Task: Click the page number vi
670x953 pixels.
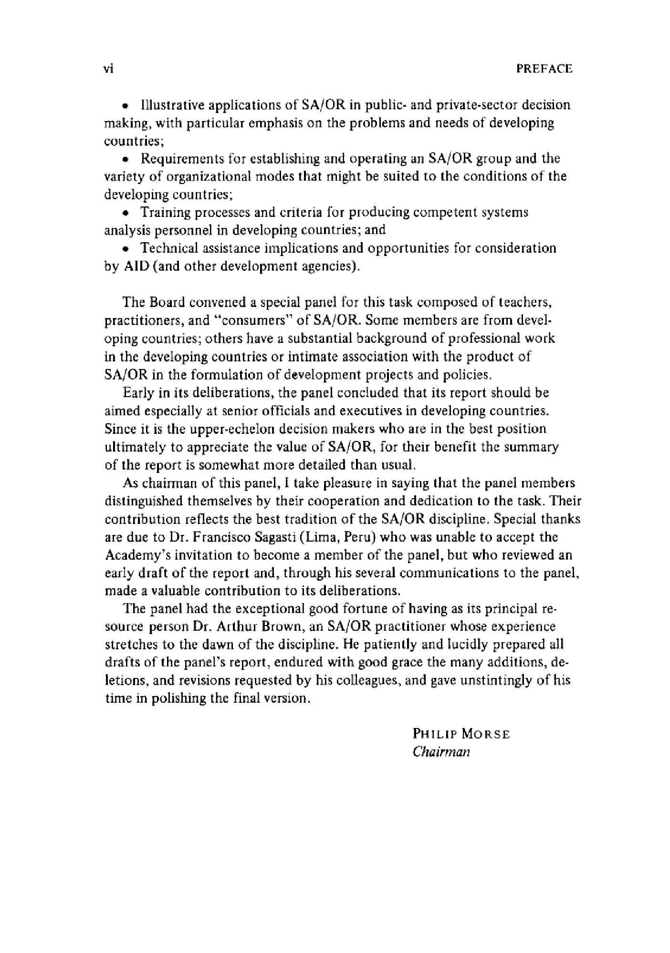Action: [x=108, y=69]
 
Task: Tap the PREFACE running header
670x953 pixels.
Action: [x=544, y=69]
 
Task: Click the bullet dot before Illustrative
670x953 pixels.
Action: [x=126, y=105]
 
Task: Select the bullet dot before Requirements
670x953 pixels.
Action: [x=126, y=159]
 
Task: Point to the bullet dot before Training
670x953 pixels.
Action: [x=126, y=213]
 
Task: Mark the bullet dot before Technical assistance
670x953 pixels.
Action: [x=126, y=249]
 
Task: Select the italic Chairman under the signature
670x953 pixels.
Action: [x=441, y=752]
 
